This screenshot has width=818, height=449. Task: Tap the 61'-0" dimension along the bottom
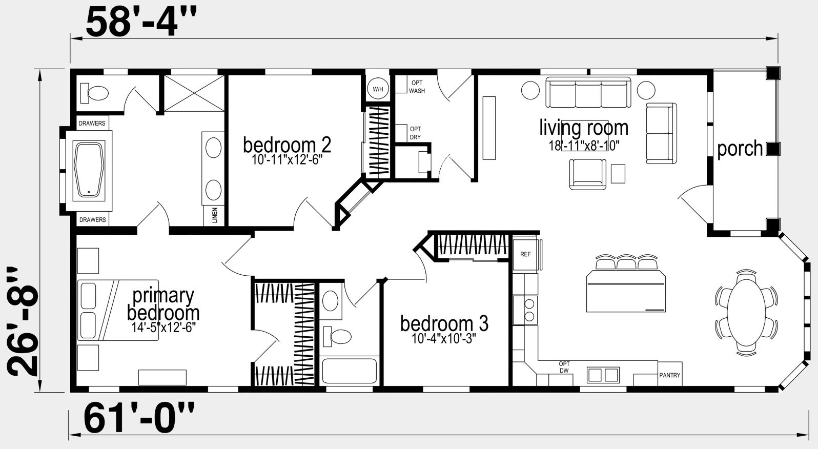pos(139,417)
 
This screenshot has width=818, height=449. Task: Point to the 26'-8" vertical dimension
pos(23,321)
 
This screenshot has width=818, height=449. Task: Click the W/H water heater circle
pos(378,89)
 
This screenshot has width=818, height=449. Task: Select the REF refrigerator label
pos(525,254)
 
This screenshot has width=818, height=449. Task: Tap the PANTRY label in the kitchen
pos(670,375)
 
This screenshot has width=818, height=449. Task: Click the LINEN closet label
pos(215,215)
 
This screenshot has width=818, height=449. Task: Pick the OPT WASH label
pos(417,87)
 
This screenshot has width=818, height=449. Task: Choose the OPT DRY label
pos(415,133)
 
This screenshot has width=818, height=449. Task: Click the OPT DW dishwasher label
pos(564,367)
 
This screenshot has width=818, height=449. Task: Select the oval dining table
pos(746,313)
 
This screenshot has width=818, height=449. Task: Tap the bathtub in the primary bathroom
pos(89,171)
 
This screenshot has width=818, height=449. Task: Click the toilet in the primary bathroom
pos(94,93)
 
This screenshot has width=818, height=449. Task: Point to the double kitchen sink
pos(603,375)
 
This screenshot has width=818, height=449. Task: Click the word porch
pos(740,149)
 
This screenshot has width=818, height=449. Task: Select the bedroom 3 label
pos(444,324)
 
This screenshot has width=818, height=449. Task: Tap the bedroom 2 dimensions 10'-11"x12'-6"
pos(287,159)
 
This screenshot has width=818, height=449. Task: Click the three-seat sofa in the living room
pos(588,92)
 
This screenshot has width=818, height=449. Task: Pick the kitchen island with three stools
pos(626,283)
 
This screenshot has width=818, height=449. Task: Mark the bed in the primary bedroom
pos(118,310)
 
